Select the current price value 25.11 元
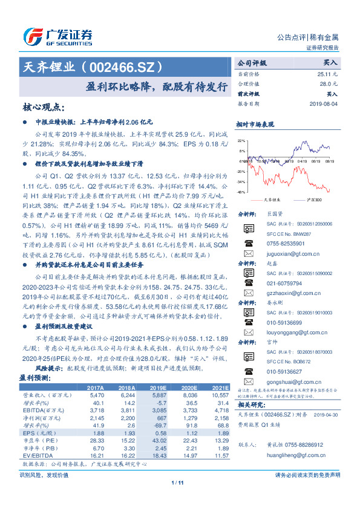(x=327, y=73)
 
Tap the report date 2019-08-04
(x=323, y=104)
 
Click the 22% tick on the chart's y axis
(x=241, y=140)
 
